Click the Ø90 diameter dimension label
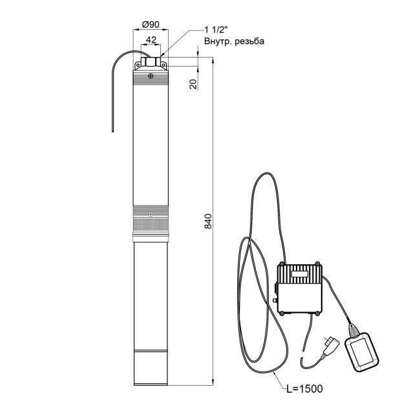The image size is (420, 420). (x=151, y=25)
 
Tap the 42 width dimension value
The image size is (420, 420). (x=151, y=40)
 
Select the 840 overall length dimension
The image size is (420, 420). (x=208, y=221)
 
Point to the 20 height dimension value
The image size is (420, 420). (x=193, y=84)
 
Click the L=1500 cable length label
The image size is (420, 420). (x=304, y=388)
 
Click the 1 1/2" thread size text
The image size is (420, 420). (x=216, y=30)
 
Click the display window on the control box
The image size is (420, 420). (x=299, y=274)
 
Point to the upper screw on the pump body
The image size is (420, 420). (x=151, y=76)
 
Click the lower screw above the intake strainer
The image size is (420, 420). (x=151, y=214)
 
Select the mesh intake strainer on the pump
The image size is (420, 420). (x=151, y=226)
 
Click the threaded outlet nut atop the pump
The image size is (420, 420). (x=151, y=62)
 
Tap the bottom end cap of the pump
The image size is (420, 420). (x=151, y=368)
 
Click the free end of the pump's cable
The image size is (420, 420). (x=113, y=131)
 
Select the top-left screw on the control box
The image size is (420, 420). (x=281, y=264)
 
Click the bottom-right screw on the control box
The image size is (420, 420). (x=317, y=313)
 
